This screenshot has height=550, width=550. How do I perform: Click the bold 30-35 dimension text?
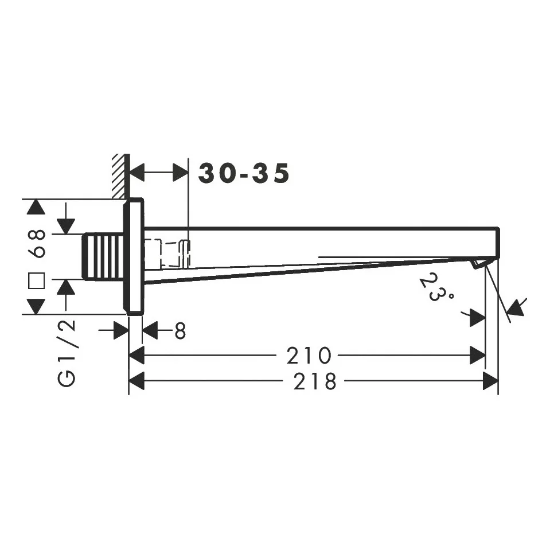[244, 173]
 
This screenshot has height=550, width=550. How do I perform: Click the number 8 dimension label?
[180, 330]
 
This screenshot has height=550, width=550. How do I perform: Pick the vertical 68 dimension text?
[38, 243]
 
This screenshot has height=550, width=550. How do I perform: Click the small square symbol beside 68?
[37, 280]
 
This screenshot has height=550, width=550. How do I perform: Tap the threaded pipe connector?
[104, 257]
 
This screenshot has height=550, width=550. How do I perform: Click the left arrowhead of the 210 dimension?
[136, 356]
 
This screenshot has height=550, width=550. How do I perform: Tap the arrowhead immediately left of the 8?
[150, 330]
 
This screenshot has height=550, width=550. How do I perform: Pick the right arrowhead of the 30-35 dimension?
[181, 173]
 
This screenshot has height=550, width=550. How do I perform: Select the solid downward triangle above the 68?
[36, 208]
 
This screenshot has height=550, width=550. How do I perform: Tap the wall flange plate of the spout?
[134, 256]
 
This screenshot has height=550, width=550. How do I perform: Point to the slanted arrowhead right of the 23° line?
[516, 307]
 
